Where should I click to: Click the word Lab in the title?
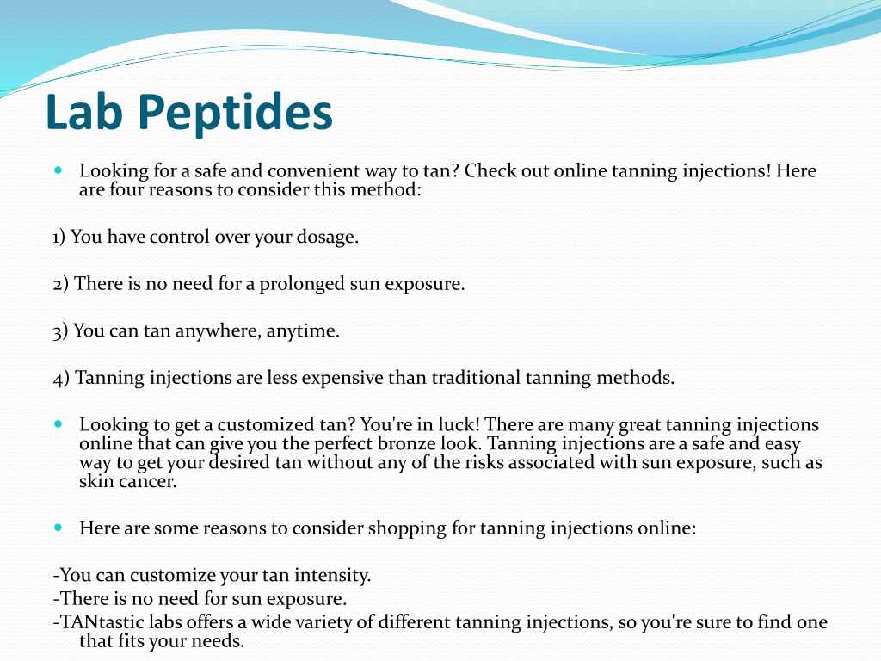click(84, 111)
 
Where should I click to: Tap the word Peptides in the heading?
click(236, 114)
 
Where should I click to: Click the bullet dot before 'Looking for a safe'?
click(59, 170)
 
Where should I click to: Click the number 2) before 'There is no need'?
click(61, 284)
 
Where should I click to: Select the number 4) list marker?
click(61, 379)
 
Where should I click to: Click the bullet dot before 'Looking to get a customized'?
click(59, 423)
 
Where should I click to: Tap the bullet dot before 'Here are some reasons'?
click(59, 528)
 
